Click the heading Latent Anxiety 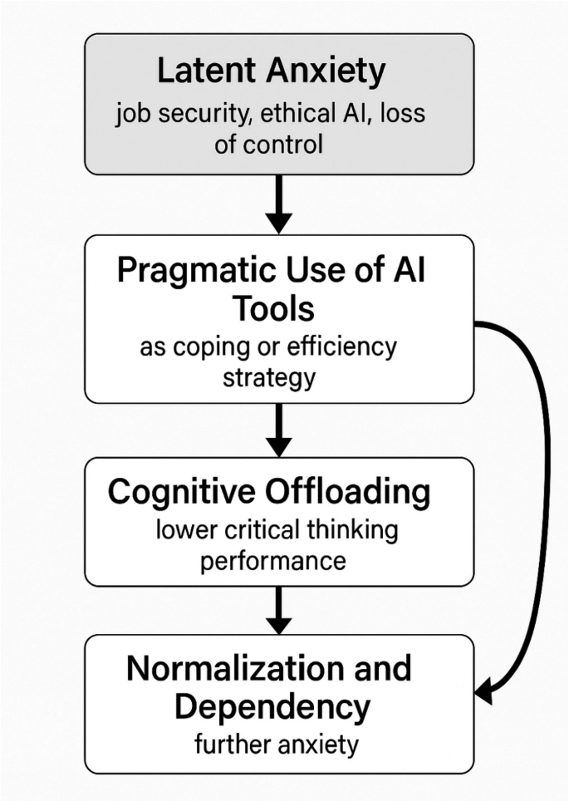pos(271,72)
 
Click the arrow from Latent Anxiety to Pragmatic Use pos(279,203)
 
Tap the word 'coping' pos(209,346)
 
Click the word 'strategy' pos(269,377)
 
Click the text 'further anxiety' pos(276,744)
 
